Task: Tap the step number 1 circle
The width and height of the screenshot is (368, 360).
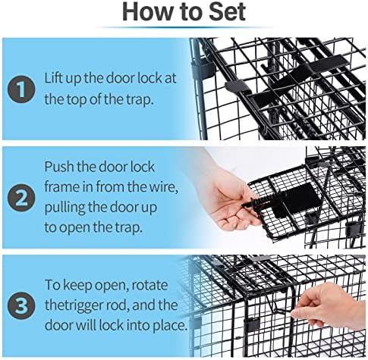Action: [21, 89]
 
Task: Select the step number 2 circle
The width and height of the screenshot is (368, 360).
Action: [21, 198]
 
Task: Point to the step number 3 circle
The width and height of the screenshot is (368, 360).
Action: [21, 305]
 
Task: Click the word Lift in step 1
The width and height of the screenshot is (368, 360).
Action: [54, 78]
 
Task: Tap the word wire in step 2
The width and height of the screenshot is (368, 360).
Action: [163, 187]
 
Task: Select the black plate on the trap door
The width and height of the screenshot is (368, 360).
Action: [294, 201]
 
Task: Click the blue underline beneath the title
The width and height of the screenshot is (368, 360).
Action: [184, 27]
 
